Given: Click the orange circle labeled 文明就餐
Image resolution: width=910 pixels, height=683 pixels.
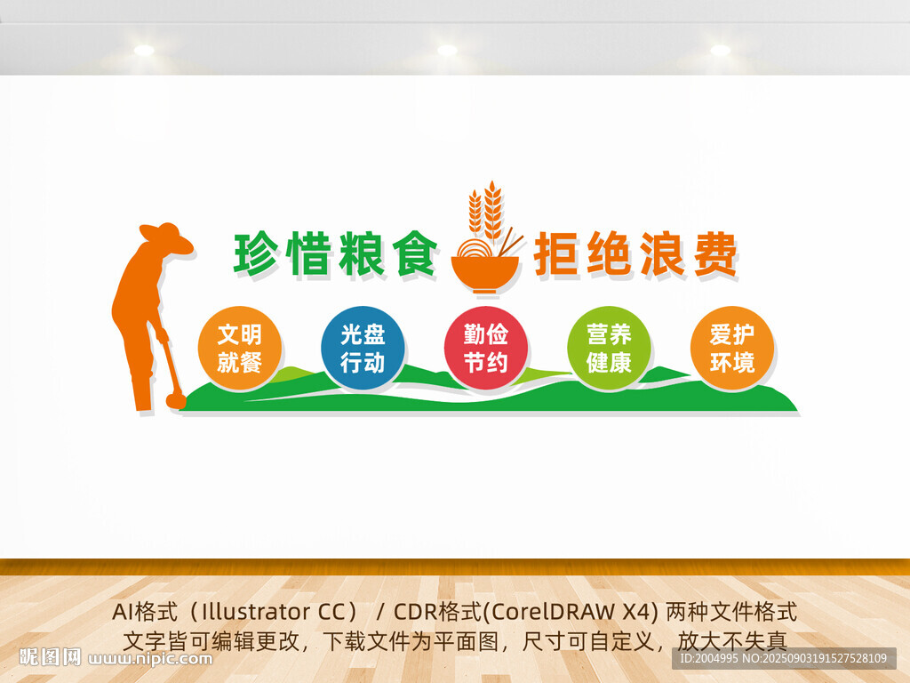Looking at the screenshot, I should [x=239, y=348].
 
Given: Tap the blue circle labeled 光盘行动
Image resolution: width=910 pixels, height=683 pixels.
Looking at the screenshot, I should [x=363, y=348].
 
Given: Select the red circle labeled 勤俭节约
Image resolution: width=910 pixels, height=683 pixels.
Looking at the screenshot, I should [x=485, y=348].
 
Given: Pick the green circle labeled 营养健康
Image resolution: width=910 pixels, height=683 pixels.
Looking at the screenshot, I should [x=609, y=348].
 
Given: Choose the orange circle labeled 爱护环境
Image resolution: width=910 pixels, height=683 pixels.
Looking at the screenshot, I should [x=732, y=348].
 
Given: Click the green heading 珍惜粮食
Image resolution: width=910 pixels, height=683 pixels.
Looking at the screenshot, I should [x=336, y=255].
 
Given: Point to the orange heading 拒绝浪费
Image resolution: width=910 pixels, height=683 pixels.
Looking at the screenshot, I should [x=636, y=255].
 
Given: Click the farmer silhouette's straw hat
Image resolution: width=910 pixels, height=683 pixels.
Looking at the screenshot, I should [x=165, y=237].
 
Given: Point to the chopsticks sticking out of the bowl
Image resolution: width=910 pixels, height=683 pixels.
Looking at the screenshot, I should [x=510, y=241].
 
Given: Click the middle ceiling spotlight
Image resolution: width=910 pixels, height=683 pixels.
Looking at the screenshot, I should [x=447, y=51].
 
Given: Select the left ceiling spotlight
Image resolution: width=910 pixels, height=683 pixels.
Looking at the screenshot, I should [x=144, y=51].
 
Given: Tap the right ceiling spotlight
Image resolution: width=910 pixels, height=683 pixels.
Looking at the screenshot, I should [x=720, y=51].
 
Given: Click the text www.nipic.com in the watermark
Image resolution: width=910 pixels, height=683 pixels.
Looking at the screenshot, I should [x=151, y=659].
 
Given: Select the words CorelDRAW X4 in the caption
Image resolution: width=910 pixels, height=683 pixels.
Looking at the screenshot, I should [x=579, y=613].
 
